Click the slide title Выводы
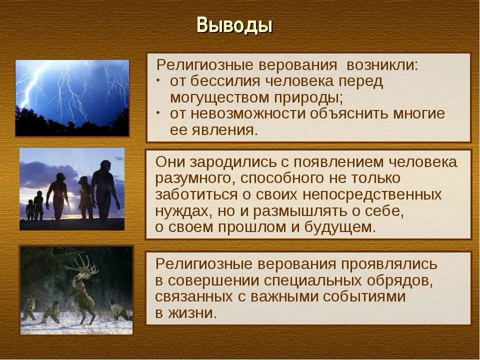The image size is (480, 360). [234, 25]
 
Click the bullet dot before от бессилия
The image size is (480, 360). [158, 80]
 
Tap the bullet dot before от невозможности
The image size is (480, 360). [158, 112]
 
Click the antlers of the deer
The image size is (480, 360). [82, 264]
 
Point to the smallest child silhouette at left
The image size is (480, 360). [30, 209]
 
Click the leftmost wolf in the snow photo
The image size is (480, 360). [29, 307]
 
